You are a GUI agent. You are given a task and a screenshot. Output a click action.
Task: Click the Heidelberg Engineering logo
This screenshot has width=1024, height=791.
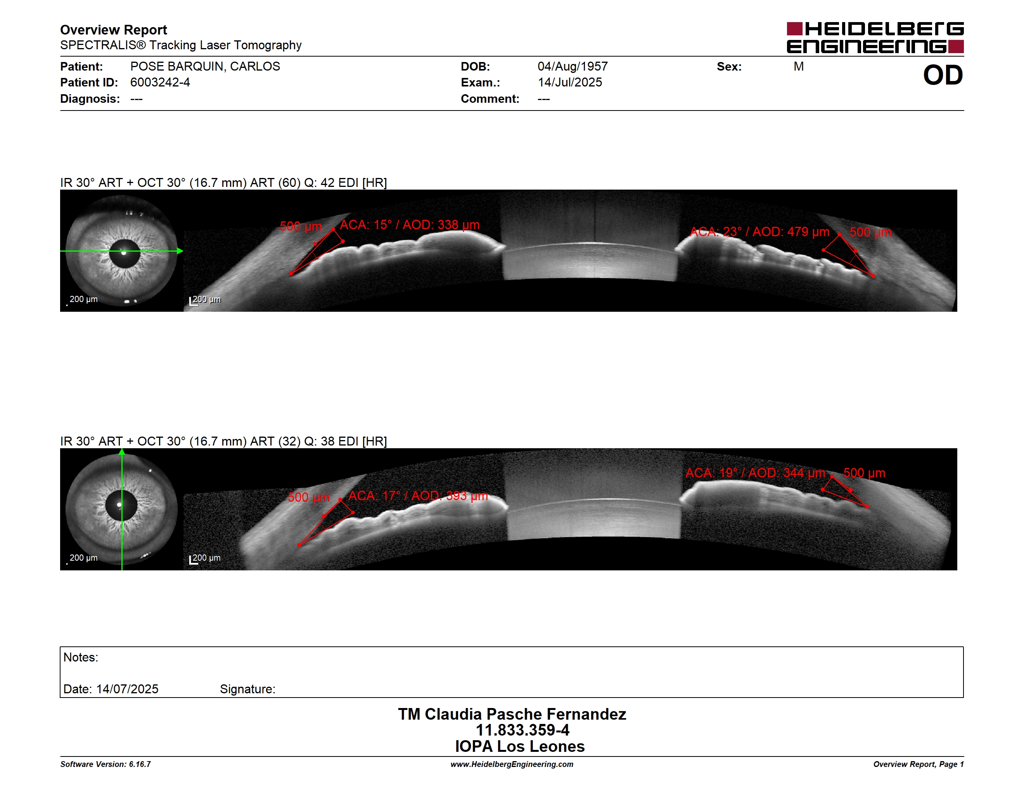point(875,38)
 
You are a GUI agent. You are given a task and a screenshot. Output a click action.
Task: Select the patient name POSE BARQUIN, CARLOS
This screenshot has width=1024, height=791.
point(205,67)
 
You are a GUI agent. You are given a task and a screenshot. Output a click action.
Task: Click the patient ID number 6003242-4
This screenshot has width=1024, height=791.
point(160,83)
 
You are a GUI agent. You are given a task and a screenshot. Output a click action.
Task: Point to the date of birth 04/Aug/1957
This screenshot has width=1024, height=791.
point(573,67)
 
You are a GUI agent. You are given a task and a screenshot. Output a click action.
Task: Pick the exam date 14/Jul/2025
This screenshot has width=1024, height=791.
point(570,83)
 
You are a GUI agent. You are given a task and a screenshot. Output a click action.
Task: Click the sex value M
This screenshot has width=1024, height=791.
point(799,67)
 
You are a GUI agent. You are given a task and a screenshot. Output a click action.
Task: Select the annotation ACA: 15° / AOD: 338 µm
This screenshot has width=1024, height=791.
point(410,225)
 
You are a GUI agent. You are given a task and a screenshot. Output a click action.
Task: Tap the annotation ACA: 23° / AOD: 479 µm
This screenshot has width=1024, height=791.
point(759,232)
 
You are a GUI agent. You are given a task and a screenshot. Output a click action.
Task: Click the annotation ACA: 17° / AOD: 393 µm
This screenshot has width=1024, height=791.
point(418,496)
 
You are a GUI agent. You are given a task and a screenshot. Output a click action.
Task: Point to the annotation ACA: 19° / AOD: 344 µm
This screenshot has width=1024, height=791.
point(755,473)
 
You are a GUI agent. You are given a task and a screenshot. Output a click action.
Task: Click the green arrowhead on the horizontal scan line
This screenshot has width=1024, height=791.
point(180,251)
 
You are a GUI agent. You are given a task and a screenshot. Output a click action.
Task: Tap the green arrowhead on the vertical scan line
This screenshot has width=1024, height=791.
point(122,452)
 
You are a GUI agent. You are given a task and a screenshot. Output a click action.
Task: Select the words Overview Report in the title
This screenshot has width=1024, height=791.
point(114,30)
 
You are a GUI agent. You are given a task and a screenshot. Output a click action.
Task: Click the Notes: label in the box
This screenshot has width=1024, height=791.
point(81,658)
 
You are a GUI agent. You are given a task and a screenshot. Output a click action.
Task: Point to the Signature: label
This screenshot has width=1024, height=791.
point(247,689)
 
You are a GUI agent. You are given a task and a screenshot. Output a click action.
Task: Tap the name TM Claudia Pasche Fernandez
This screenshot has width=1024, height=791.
point(512,714)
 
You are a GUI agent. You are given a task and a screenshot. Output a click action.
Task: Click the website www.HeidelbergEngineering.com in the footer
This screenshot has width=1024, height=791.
point(512,764)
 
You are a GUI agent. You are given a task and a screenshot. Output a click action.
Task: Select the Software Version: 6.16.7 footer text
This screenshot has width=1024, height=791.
point(106,764)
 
